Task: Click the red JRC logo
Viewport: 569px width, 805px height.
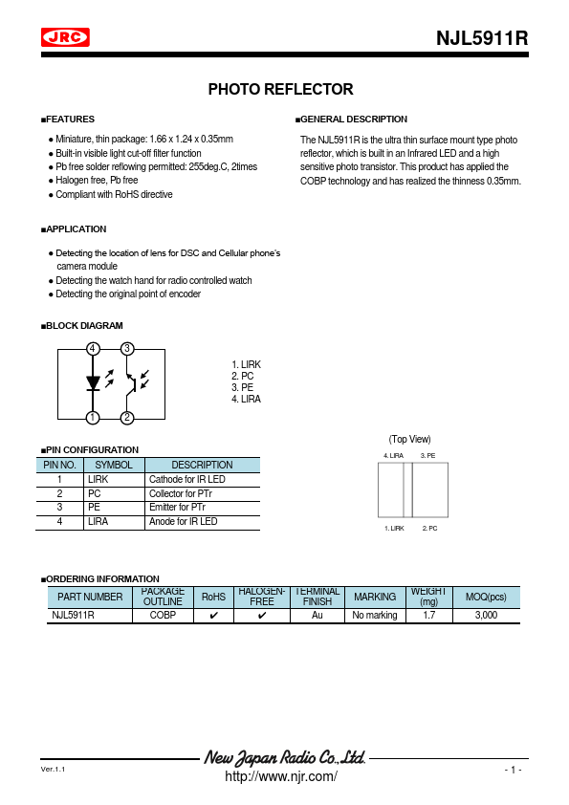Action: [x=65, y=37]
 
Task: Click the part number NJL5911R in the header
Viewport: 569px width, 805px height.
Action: [x=481, y=39]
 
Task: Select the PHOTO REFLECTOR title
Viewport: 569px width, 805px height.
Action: [x=280, y=90]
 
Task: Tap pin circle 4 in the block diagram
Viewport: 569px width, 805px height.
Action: [x=93, y=349]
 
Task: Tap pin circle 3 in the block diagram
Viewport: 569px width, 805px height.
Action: [x=127, y=349]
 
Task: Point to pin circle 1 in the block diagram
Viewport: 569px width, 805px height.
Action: [x=93, y=418]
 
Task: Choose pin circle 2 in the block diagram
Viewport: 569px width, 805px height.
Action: [x=127, y=418]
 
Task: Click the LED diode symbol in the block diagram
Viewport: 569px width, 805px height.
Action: [x=93, y=383]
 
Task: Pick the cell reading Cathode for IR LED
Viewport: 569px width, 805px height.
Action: [x=187, y=479]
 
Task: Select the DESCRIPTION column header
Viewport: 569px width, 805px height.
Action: [x=202, y=465]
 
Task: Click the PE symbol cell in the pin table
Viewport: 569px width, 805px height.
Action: [x=94, y=508]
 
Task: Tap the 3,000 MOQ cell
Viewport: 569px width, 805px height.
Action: [x=486, y=616]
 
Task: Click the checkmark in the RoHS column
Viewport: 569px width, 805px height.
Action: [x=213, y=616]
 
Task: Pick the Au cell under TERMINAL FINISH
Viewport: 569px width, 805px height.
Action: [x=317, y=616]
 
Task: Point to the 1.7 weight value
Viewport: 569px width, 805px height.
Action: [x=428, y=616]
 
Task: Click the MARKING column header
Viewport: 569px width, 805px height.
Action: [x=375, y=598]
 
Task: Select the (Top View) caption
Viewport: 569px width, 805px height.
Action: [x=409, y=439]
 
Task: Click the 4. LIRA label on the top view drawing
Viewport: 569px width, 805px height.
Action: [x=394, y=456]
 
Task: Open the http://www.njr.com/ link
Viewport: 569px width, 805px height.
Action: [x=280, y=776]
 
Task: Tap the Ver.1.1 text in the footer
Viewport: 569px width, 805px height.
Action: [x=53, y=770]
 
